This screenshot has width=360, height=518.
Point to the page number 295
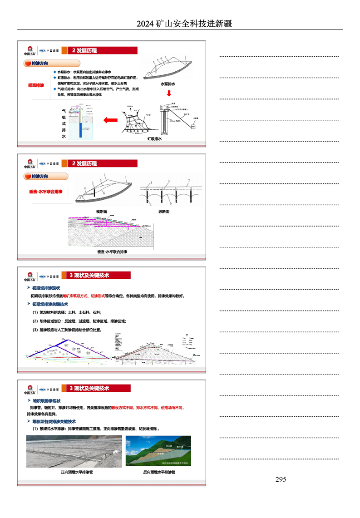(281, 479)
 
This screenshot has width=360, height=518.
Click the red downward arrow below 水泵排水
(169, 94)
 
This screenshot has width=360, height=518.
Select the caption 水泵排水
(168, 84)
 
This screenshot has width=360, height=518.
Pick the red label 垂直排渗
(36, 85)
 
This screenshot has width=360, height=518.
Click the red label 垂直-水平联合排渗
(45, 192)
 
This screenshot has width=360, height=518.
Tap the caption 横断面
(101, 212)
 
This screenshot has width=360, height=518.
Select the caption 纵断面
(163, 212)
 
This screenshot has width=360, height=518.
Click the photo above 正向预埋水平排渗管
(74, 451)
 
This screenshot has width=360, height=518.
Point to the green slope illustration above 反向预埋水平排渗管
(158, 451)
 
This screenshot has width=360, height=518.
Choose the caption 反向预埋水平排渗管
(158, 472)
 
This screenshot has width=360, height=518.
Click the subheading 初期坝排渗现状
(46, 288)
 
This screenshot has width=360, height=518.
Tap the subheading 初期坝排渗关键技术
(50, 304)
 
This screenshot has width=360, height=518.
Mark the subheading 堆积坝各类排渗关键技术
(54, 421)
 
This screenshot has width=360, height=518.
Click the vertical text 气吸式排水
(64, 123)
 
